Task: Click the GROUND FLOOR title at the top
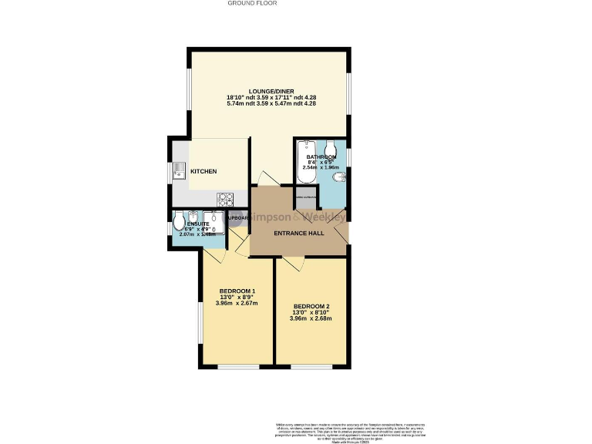252,3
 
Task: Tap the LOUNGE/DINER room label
271,92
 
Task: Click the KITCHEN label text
203,171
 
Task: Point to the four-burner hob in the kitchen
226,197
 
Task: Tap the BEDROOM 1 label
237,291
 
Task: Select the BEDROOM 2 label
312,305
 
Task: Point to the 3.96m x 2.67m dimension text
237,304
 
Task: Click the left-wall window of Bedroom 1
200,324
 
